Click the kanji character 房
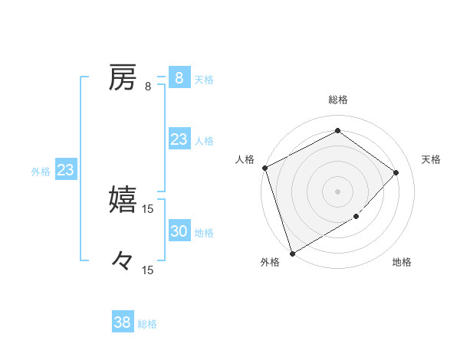pos(123,77)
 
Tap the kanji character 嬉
pos(123,199)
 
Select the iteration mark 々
pos(123,260)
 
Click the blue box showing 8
pos(179,77)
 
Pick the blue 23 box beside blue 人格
pos(179,139)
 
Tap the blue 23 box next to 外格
pos(65,170)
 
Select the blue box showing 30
pos(179,231)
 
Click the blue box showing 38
pos(122,322)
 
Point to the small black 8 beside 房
pos(148,87)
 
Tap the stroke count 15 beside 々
pos(148,270)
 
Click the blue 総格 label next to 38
pos(147,324)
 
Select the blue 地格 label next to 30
pos(204,233)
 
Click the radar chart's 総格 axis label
pos(338,100)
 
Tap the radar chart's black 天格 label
pos(431,159)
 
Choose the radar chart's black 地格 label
pos(402,263)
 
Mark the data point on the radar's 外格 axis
pos(292,252)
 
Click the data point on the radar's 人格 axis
pos(264,168)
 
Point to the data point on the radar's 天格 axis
pos(396,172)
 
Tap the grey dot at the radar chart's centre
pos(337,191)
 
